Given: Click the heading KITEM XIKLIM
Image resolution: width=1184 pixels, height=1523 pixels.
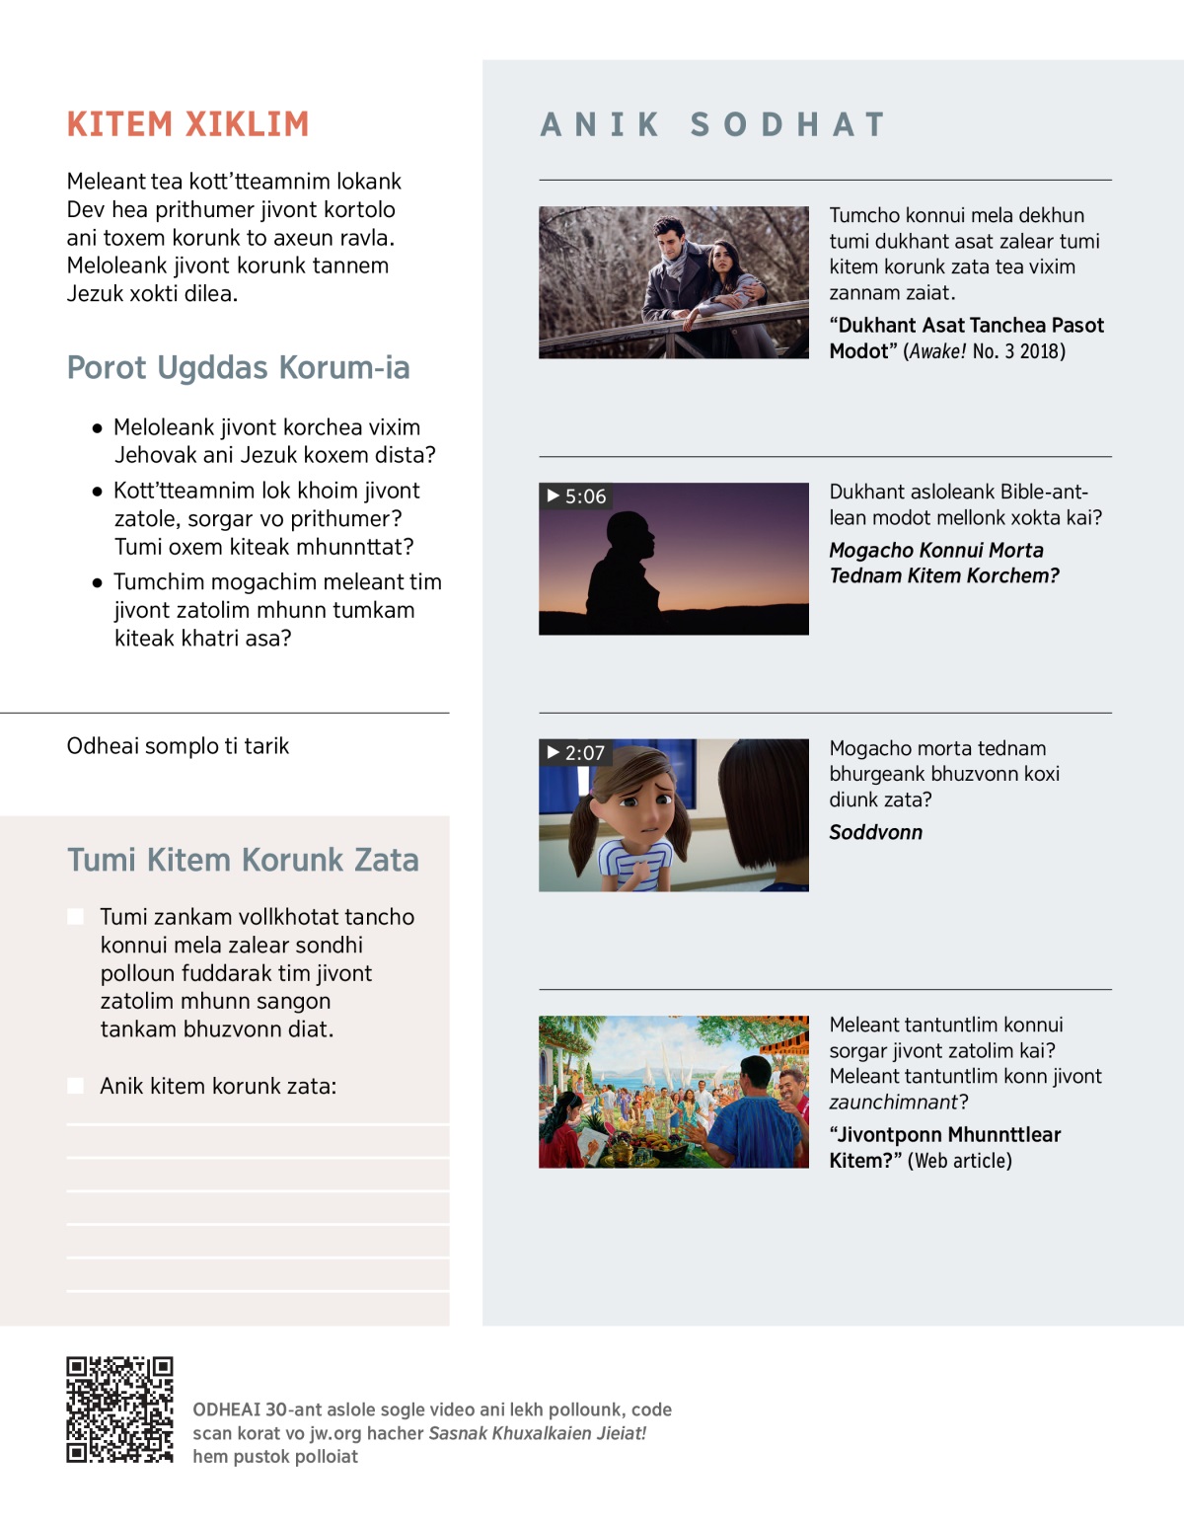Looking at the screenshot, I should pos(187,124).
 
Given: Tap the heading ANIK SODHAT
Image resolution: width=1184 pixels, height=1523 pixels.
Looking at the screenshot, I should pos(712,124).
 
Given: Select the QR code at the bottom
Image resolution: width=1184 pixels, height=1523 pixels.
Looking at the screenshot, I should pos(119,1409).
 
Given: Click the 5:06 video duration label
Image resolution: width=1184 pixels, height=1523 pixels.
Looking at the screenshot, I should pos(576,496).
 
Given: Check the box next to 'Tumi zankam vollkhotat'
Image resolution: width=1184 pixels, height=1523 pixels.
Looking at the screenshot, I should pos(75,917).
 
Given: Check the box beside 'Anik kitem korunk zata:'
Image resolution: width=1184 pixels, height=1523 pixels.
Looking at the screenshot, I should pos(75,1086).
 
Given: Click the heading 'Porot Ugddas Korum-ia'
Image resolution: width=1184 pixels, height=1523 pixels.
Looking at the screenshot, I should pos(238,367).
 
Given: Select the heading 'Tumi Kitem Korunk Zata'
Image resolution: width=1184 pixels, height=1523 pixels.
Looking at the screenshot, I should pos(243,860).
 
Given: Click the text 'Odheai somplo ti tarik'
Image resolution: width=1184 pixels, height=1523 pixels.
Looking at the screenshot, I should pos(178,746).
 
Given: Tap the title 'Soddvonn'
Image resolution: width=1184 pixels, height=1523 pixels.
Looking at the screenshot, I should pos(875,832).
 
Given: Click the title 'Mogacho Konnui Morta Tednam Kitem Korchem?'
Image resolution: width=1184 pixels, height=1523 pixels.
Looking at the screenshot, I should pos(943,563).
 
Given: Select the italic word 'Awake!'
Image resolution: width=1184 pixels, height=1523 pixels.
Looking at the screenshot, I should pos(937,351).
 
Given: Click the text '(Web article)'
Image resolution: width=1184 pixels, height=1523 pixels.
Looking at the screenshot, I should pos(959,1161).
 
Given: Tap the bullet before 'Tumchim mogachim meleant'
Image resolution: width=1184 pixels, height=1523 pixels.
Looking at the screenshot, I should pos(97,582).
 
